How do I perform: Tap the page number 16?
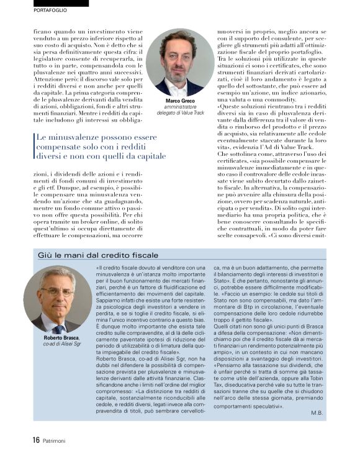pos(36,440)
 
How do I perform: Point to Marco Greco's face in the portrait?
pos(179,57)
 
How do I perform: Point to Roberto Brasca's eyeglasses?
pos(56,292)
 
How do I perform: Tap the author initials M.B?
pos(317,412)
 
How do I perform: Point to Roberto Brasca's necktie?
pos(58,324)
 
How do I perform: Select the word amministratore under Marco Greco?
pos(180,107)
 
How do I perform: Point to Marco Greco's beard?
pos(179,72)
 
